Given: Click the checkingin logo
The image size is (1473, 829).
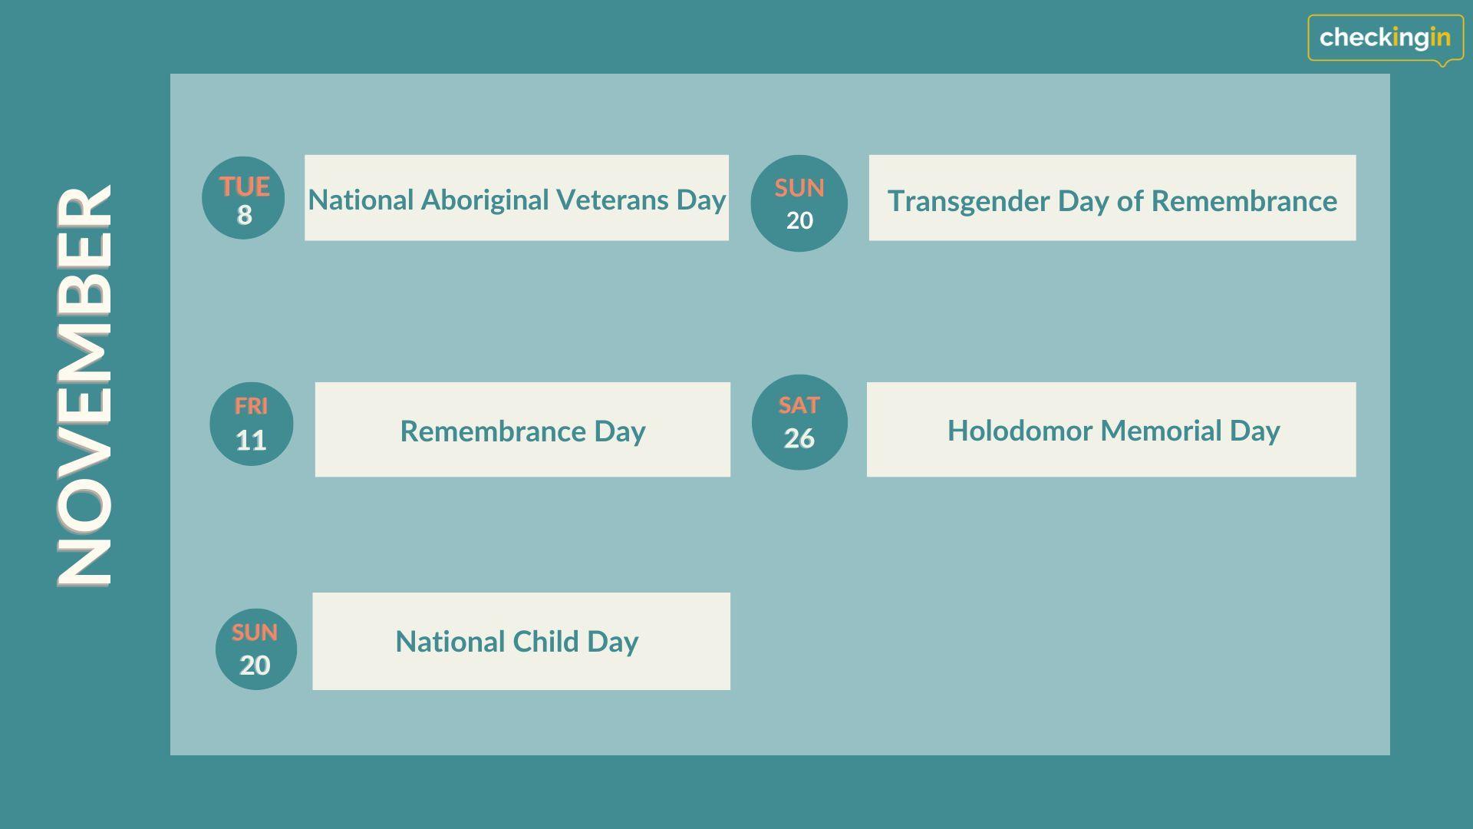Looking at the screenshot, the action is (x=1386, y=38).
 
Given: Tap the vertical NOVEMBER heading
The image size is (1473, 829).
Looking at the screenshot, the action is (x=85, y=386).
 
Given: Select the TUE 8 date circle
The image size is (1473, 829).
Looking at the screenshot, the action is (x=243, y=198).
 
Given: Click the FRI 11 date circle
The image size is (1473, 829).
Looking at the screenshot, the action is (x=252, y=424).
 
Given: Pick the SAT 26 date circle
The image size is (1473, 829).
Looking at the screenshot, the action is (x=799, y=422).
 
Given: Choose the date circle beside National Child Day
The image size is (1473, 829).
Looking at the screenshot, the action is (x=256, y=649).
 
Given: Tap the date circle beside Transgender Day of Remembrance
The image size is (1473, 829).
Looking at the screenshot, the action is (x=799, y=203).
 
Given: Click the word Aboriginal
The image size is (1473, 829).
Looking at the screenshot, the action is (x=484, y=200).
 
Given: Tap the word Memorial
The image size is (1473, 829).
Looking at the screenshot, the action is (x=1162, y=431).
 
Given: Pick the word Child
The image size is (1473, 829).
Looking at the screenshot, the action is (x=545, y=642).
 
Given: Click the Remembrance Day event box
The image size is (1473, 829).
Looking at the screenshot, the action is (x=522, y=430).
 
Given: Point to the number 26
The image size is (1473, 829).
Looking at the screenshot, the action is (x=799, y=438).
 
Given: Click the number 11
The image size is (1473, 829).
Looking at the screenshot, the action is (x=251, y=441).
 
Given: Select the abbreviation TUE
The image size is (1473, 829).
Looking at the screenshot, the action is (x=245, y=187).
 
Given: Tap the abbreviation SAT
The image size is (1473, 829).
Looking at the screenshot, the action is (x=799, y=405).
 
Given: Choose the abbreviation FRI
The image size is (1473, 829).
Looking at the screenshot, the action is (x=251, y=406).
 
